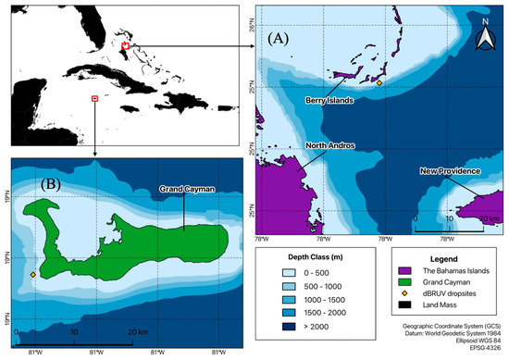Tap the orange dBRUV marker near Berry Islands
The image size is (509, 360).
click(x=379, y=83)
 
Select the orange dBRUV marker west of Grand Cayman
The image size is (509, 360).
click(x=33, y=275)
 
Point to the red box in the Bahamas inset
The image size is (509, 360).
click(x=125, y=43)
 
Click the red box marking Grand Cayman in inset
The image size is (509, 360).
click(x=94, y=97)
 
